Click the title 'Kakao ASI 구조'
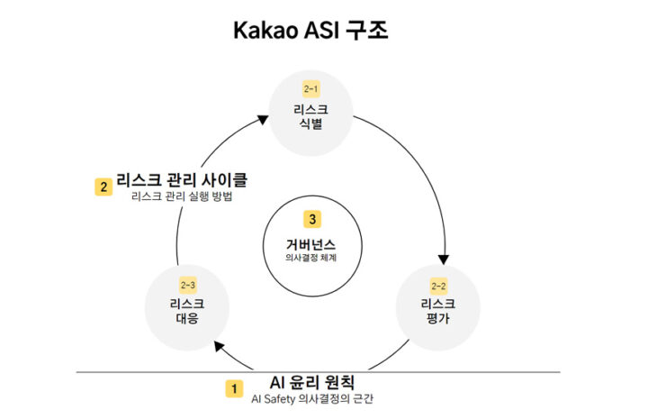310,31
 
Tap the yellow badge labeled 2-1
310,88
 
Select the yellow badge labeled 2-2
438,286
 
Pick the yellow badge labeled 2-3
187,285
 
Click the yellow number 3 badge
312,219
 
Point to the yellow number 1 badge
234,388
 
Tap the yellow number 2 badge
103,187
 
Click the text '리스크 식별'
310,116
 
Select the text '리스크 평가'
438,311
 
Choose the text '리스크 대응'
187,311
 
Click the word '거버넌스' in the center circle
310,244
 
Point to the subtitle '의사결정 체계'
310,258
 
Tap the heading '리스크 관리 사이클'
182,180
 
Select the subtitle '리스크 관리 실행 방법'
182,196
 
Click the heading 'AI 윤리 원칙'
312,382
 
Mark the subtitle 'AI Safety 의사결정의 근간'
312,399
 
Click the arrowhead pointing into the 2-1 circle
263,119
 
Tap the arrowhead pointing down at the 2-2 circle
444,260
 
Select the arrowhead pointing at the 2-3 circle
220,346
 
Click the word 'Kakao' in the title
264,31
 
